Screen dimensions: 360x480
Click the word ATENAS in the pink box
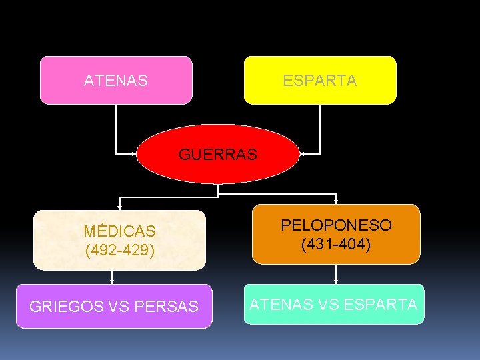click(x=116, y=81)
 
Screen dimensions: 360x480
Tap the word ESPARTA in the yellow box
click(x=319, y=81)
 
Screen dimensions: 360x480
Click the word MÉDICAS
click(x=120, y=231)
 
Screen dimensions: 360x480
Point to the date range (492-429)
click(x=120, y=251)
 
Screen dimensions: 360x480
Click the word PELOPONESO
click(x=336, y=225)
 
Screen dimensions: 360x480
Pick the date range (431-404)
click(x=336, y=245)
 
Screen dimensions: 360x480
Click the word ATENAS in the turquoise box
click(x=280, y=305)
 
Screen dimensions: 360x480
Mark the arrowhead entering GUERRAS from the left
click(x=133, y=154)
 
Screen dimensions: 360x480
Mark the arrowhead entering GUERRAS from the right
click(x=303, y=154)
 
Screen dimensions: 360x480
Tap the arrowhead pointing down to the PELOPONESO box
click(x=336, y=201)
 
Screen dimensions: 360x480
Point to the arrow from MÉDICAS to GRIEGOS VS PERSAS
click(x=111, y=277)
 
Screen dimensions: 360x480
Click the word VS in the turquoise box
click(x=328, y=305)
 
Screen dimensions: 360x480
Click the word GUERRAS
click(x=217, y=155)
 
